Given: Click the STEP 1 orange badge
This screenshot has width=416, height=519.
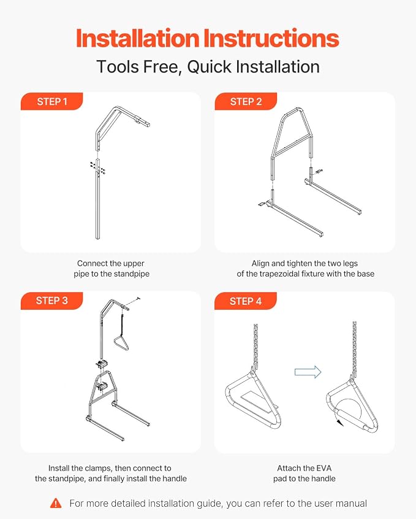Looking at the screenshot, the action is tap(51, 101).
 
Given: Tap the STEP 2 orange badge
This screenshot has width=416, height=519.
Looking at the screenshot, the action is tap(246, 101).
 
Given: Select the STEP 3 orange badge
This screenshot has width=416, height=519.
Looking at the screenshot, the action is tap(51, 301).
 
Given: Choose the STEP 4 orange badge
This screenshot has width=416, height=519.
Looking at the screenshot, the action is tap(245, 301).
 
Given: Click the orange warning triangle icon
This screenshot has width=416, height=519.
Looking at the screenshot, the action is tap(56, 503).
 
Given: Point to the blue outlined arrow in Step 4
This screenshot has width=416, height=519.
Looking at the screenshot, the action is tap(308, 372).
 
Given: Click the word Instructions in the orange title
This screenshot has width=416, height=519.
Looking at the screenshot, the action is tap(271, 39).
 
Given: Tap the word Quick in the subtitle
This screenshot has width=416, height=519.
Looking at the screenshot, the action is tap(210, 66).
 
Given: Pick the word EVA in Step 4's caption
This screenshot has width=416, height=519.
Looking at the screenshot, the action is tap(323, 468).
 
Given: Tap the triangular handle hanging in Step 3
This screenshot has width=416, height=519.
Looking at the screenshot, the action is tap(121, 343).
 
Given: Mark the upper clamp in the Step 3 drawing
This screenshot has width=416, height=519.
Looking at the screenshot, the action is tap(101, 364).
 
